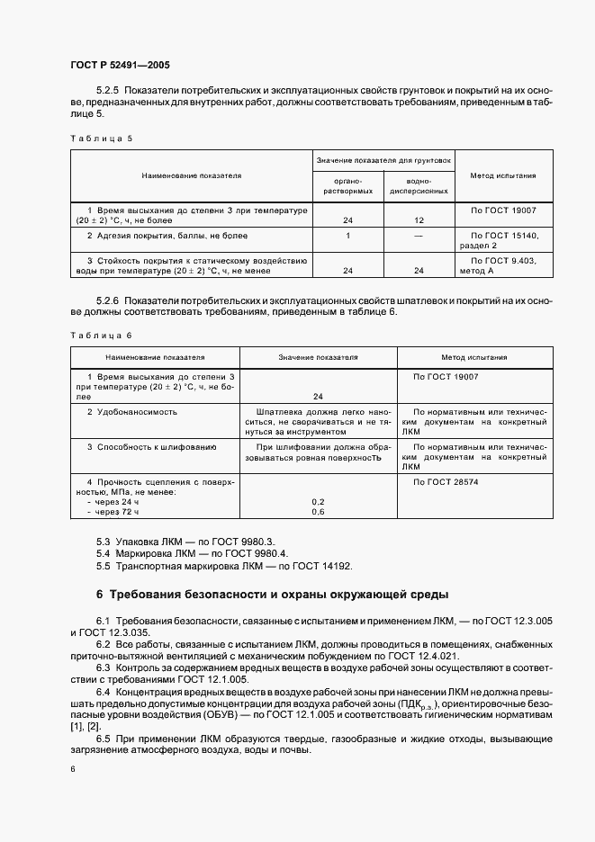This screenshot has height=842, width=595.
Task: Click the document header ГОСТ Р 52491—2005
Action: [120, 65]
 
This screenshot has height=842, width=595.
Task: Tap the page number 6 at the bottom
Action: [73, 768]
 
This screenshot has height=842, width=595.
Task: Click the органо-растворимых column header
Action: [347, 186]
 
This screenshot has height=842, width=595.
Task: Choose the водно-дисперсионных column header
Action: [418, 186]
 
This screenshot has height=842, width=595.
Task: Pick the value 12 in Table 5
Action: [419, 219]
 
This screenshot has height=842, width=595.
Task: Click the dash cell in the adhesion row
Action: [419, 236]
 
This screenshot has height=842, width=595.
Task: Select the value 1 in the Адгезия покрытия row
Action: [347, 236]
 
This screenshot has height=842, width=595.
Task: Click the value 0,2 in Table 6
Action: [318, 500]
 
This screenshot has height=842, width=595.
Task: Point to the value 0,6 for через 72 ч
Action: [318, 511]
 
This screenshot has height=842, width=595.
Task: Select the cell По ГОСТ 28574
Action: [445, 483]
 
